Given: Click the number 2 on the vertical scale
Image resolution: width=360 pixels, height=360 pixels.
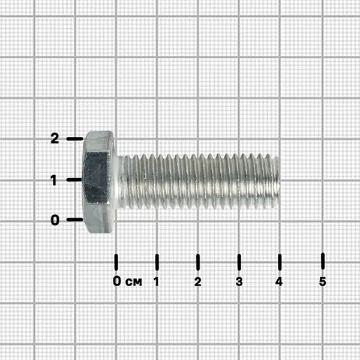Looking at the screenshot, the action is [55, 138].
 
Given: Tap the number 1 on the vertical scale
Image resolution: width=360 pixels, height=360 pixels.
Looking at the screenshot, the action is [54, 180].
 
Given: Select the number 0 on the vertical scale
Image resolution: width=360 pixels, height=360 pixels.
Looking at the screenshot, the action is [55, 220].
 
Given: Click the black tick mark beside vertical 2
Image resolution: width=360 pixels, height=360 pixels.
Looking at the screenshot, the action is [74, 139].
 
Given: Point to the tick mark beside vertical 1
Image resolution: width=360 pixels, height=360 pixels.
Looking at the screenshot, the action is [74, 179].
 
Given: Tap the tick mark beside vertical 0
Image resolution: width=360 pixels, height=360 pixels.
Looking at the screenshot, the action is [74, 220].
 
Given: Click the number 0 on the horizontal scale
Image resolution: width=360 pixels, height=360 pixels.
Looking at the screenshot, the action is [117, 281].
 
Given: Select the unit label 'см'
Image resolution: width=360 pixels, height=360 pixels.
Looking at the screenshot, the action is [134, 282].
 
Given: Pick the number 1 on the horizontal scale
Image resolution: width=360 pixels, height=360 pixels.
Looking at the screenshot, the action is [157, 281].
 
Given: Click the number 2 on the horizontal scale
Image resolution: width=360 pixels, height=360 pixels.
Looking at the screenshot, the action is [197, 281].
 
